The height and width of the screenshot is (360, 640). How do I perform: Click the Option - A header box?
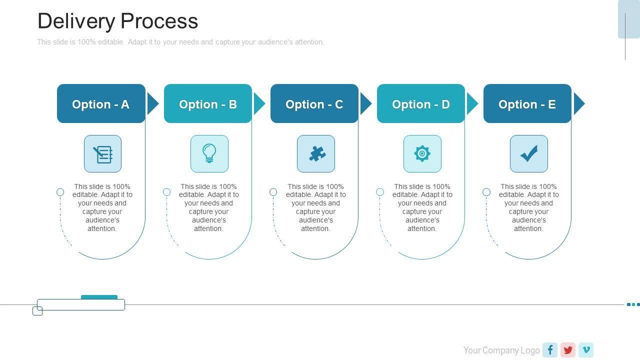(101, 103)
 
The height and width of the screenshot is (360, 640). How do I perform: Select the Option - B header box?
(207, 103)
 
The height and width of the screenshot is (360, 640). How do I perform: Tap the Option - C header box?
(314, 103)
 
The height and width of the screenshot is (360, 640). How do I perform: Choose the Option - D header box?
(420, 103)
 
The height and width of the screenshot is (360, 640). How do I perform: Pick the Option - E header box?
(527, 103)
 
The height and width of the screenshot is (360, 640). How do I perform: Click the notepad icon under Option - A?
(103, 153)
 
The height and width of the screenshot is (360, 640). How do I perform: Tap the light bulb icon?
(209, 153)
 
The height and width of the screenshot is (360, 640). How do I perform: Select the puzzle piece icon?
(316, 153)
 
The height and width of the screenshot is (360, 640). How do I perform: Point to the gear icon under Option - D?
(422, 153)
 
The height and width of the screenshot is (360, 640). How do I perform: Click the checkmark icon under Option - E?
(529, 153)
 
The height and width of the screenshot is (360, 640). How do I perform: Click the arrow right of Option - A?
(152, 104)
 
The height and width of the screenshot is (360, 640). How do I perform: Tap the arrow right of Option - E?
(578, 104)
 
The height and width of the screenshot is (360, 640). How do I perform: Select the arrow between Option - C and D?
(365, 104)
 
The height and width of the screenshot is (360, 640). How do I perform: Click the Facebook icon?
(550, 350)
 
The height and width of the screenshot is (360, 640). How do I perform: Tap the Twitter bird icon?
(568, 350)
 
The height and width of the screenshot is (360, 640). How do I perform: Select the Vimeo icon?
(586, 350)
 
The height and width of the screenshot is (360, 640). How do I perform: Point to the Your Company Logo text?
(501, 350)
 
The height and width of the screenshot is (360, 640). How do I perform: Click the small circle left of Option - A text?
(60, 192)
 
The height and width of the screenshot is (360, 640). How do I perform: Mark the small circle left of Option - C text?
(273, 192)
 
